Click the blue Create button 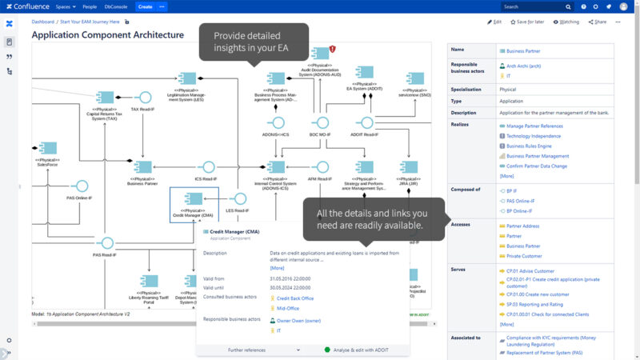[145, 6]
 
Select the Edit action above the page [495, 22]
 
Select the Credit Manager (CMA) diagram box [193, 203]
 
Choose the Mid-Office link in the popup [287, 308]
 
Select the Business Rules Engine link [529, 146]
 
